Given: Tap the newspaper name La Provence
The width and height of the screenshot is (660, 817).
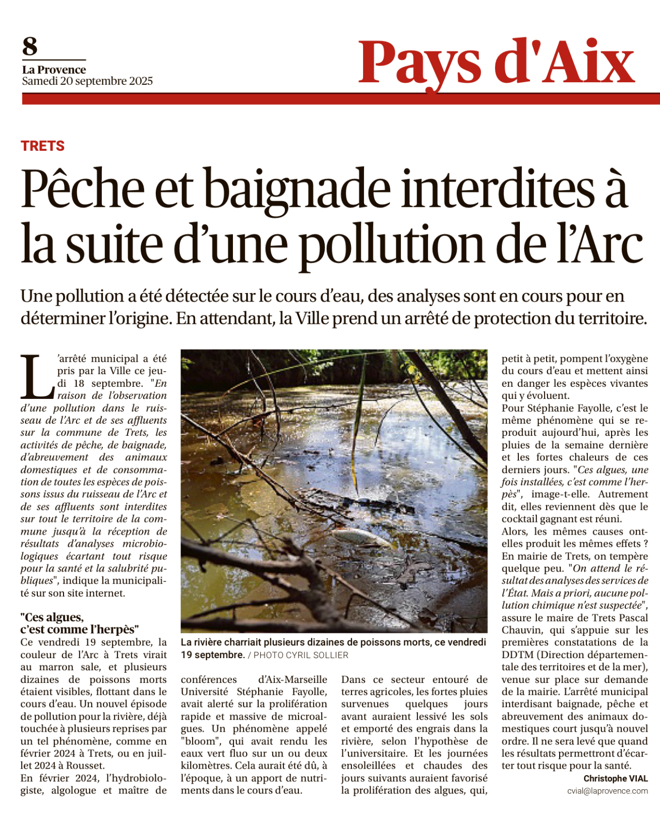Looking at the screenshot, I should pos(54,70).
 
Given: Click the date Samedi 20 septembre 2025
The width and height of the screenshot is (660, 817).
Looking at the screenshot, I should pos(87,81).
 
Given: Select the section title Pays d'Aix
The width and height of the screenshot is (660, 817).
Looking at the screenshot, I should pos(496,63).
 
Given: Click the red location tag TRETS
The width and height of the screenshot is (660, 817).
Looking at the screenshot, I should pos(43,146).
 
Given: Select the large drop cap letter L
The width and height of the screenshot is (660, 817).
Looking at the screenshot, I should pos(37,376).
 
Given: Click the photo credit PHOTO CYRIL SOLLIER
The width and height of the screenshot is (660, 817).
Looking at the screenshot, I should pos(301,655).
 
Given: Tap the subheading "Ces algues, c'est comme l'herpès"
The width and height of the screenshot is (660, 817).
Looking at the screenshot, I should pos(79,623).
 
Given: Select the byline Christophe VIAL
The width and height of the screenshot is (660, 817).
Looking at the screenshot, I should pos(616,779).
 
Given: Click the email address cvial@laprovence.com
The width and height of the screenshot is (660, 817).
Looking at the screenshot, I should pos(607,791).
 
